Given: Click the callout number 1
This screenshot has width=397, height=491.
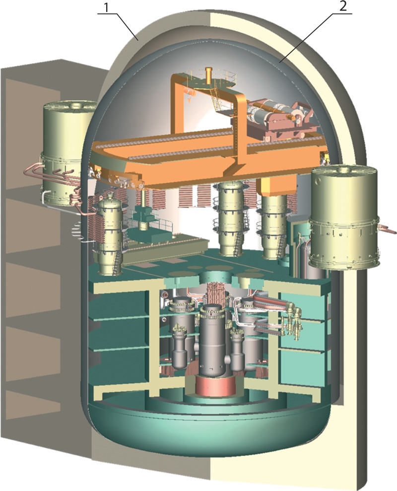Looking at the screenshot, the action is pyautogui.click(x=107, y=8).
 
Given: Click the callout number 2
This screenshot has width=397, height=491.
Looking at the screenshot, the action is pyautogui.click(x=343, y=7).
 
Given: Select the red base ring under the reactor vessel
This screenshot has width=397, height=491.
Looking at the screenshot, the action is pyautogui.click(x=215, y=385).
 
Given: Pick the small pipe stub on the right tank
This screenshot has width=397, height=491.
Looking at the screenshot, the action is pyautogui.click(x=388, y=229).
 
